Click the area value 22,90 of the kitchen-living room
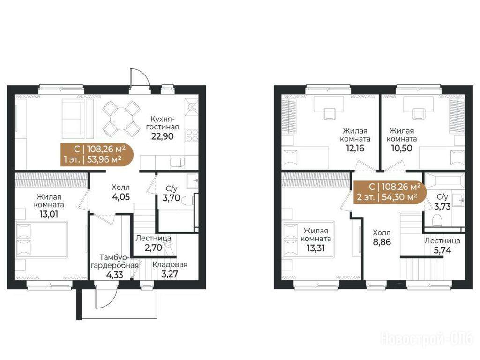coord(162,136)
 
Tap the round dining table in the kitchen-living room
coord(121,119)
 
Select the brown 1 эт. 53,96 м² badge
coord(97,155)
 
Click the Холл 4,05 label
coord(121,192)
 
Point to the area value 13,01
coord(49,214)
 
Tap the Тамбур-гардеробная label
coord(114,262)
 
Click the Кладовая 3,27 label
coord(170,269)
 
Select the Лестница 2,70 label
coord(153,243)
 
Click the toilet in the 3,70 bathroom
coord(187,201)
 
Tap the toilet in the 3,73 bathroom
coord(436,220)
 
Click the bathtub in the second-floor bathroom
coord(444,181)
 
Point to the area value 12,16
coord(355,148)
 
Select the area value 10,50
coord(401,148)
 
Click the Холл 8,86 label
coord(382,237)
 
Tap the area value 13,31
coord(315,248)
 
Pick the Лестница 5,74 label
coord(442,246)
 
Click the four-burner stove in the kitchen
coord(192,135)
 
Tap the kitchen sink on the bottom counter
coord(177,162)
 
